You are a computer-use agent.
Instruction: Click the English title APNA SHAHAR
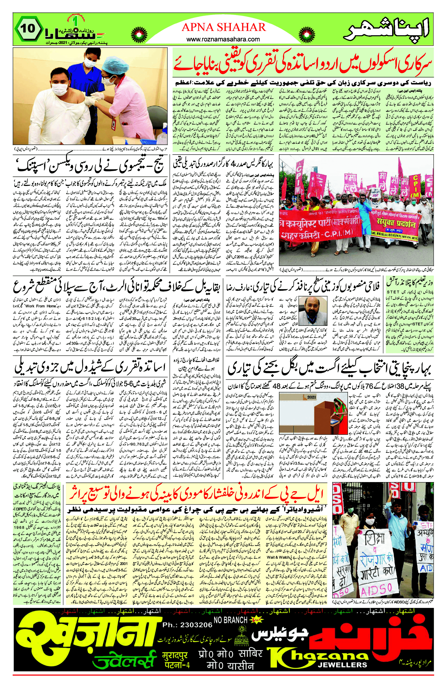(x=224, y=27)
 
